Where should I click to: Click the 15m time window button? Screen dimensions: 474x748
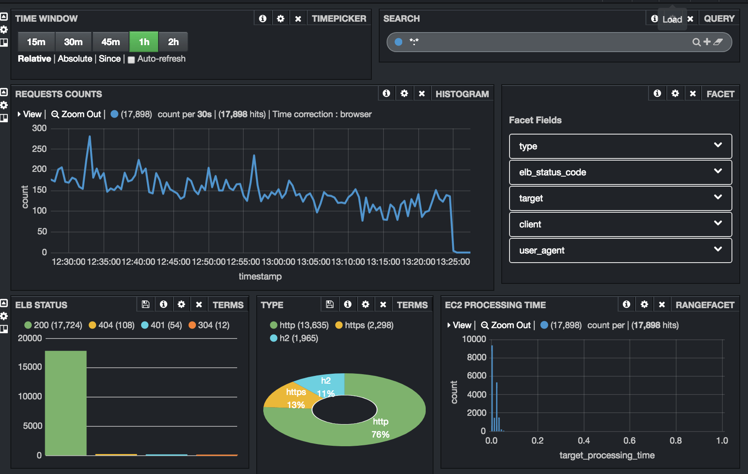pos(36,42)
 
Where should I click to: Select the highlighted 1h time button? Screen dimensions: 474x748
pos(144,42)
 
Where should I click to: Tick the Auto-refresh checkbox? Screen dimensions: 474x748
pos(131,59)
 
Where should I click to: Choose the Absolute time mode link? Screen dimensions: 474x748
pos(75,59)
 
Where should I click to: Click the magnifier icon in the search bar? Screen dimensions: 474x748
pos(696,42)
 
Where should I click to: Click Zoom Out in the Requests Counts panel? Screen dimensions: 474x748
pos(76,114)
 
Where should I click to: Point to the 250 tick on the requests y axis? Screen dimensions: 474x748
pos(39,149)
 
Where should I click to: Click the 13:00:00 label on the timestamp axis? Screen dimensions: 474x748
pos(278,262)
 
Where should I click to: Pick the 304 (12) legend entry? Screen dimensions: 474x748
pos(209,325)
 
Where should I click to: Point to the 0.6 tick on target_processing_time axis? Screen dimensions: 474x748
pos(629,441)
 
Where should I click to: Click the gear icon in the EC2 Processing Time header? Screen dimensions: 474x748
pos(644,304)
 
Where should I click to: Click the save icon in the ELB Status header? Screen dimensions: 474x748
pos(146,304)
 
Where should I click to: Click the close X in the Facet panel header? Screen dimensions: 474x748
pos(693,93)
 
